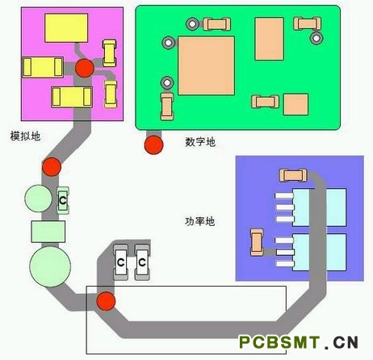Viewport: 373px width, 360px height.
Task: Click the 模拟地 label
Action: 25,136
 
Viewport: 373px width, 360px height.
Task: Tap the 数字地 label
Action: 200,142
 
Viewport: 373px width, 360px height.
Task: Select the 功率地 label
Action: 199,221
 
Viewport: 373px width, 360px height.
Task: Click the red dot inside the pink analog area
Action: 85,68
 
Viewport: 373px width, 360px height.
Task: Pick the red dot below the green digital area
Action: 153,145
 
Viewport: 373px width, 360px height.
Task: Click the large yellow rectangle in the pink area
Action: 66,28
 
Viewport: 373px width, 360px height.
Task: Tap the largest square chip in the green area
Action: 206,65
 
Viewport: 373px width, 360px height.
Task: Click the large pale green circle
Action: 50,266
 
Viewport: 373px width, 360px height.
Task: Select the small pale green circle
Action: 39,199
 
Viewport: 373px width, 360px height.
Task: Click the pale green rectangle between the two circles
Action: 48,232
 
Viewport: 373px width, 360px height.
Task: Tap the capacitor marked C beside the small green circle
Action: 63,200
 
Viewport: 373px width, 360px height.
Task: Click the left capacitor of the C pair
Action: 120,262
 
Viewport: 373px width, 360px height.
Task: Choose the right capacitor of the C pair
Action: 142,262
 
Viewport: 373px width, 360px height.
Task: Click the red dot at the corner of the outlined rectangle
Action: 106,301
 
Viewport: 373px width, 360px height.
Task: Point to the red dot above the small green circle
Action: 52,167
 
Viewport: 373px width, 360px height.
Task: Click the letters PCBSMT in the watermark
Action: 279,342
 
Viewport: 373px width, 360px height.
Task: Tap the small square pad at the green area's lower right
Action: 295,104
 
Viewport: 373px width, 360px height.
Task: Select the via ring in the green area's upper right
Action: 316,38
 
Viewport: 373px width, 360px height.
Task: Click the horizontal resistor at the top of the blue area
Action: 293,175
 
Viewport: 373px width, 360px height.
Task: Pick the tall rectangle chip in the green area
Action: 270,39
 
